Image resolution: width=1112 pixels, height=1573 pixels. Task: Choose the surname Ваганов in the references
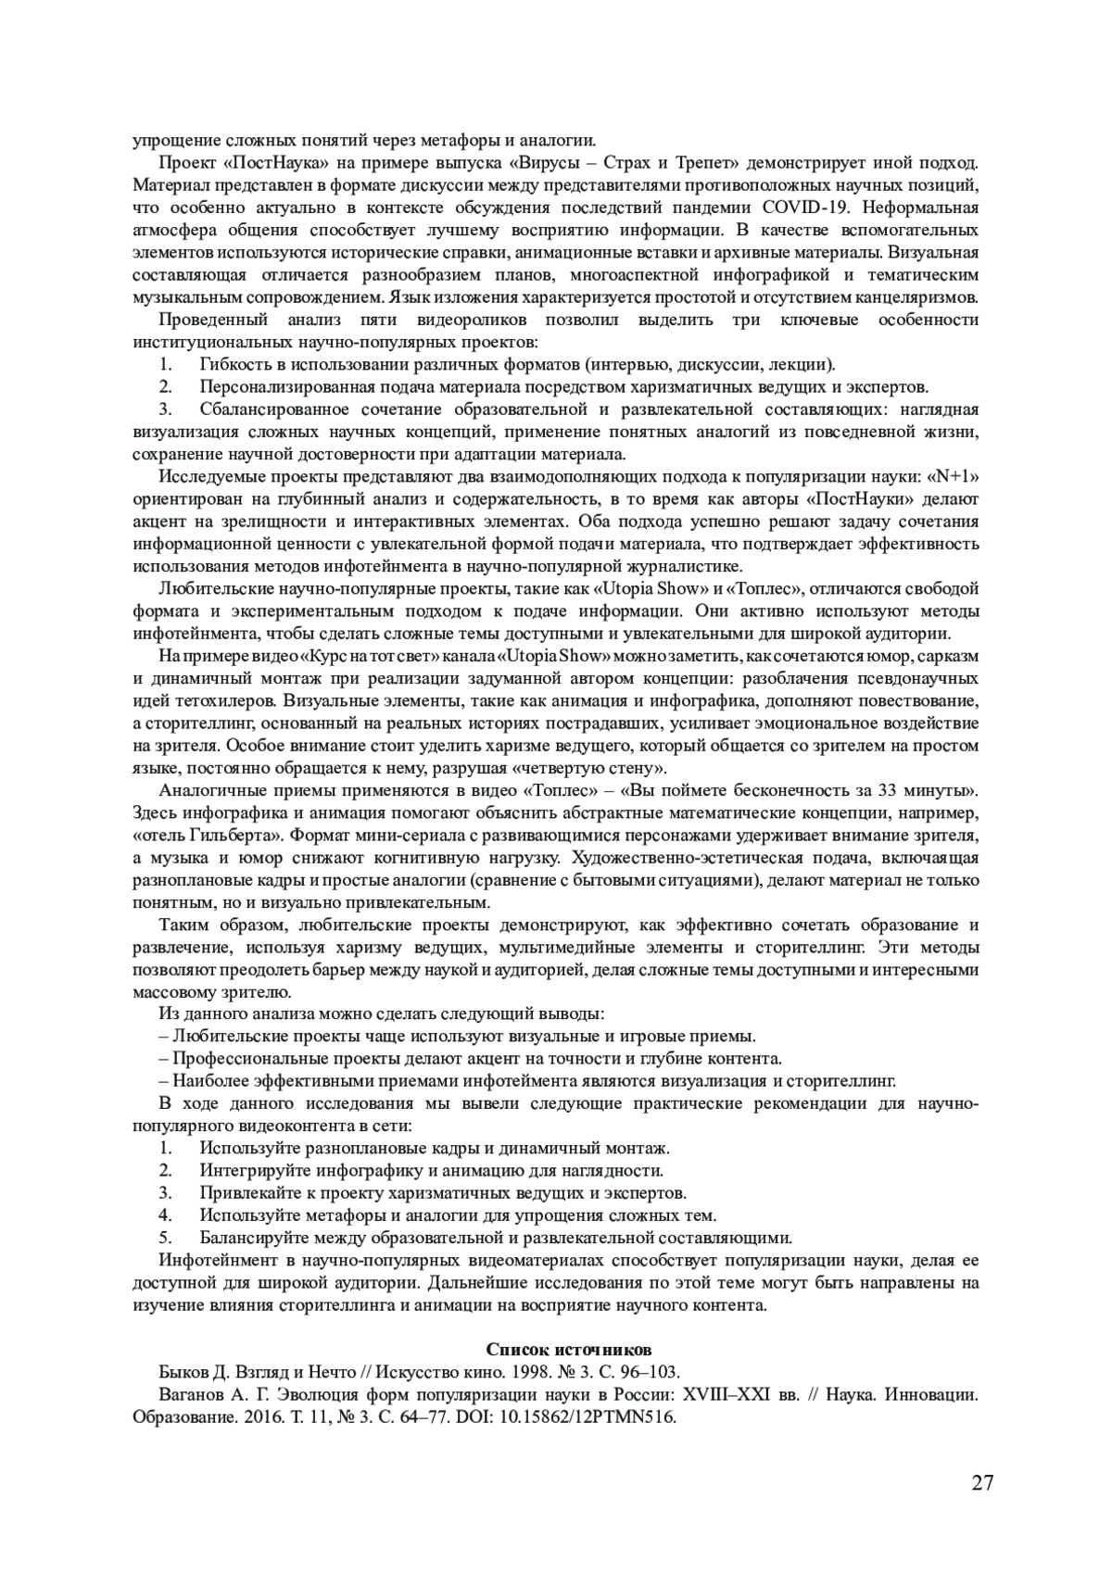point(190,1394)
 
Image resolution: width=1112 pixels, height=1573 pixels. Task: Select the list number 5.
point(165,1238)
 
